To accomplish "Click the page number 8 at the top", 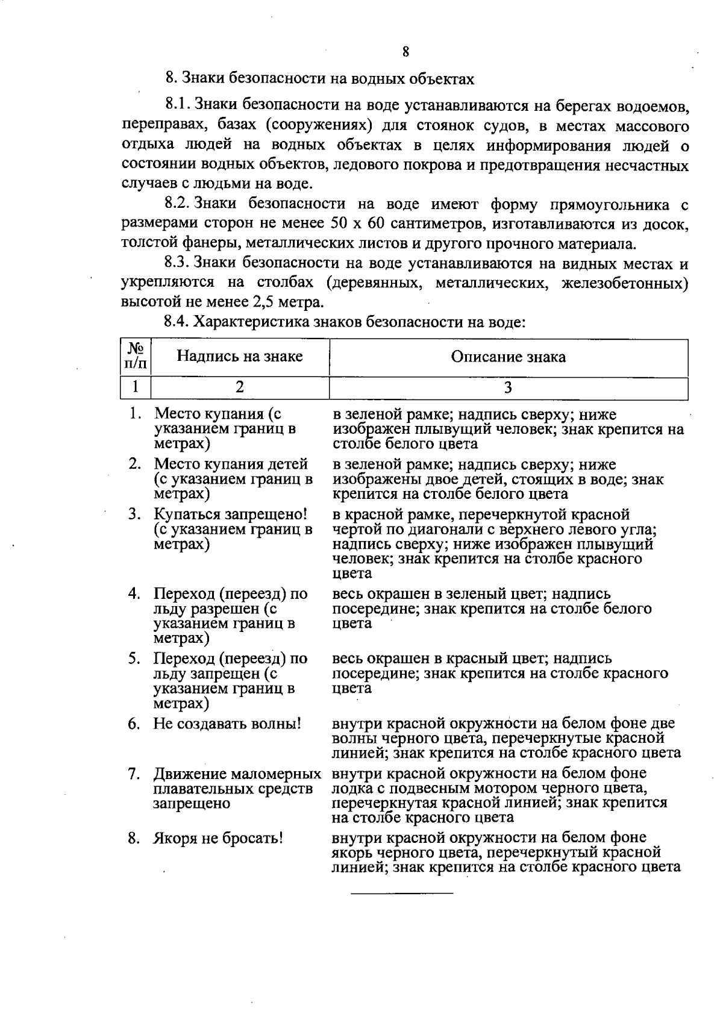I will pos(405,52).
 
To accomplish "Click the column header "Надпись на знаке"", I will pos(239,356).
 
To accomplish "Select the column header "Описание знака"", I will pos(508,357).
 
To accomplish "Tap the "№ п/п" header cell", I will pos(136,356).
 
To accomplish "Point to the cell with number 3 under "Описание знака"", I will pos(508,387).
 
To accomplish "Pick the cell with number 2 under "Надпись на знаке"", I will pos(239,387).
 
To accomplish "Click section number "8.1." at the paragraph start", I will pos(178,107).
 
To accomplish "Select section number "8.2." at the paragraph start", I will pos(178,205).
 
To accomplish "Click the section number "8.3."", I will pos(178,263).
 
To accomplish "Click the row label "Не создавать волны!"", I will pos(227,724).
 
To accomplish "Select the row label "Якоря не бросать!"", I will pos(218,838).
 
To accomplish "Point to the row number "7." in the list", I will pos(134,774).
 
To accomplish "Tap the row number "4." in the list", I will pos(134,594).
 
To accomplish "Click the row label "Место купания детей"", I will pos(231,465).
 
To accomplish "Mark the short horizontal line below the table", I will pos(402,892).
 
